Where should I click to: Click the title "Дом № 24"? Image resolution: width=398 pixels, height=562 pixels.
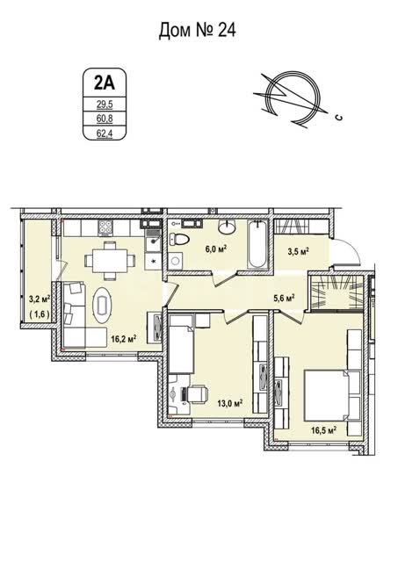pos(197,31)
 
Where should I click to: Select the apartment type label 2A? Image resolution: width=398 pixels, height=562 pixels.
pos(105,83)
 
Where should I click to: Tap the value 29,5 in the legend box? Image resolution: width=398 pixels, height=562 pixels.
pos(105,104)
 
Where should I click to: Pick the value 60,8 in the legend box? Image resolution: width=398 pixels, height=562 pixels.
pos(105,119)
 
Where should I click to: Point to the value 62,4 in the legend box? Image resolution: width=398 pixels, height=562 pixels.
pos(105,133)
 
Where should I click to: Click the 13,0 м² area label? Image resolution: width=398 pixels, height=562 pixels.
pos(230,404)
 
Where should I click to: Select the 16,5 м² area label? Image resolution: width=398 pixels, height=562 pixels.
pos(323,429)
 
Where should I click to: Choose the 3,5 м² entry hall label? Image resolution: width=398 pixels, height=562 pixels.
pos(299,252)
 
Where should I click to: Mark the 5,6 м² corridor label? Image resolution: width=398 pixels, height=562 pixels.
pos(284,298)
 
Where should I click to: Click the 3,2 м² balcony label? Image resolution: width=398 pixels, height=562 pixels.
pos(39,299)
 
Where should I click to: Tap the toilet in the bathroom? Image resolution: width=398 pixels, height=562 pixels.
pos(178,239)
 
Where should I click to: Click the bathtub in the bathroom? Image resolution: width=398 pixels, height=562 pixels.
pos(257,245)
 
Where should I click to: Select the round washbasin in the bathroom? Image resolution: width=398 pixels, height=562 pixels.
pos(227,227)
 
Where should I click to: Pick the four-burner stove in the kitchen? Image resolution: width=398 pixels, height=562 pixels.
pos(105,227)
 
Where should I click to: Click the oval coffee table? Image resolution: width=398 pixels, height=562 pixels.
pos(103,305)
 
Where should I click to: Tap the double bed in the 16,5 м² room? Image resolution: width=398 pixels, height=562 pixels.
pos(332,396)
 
